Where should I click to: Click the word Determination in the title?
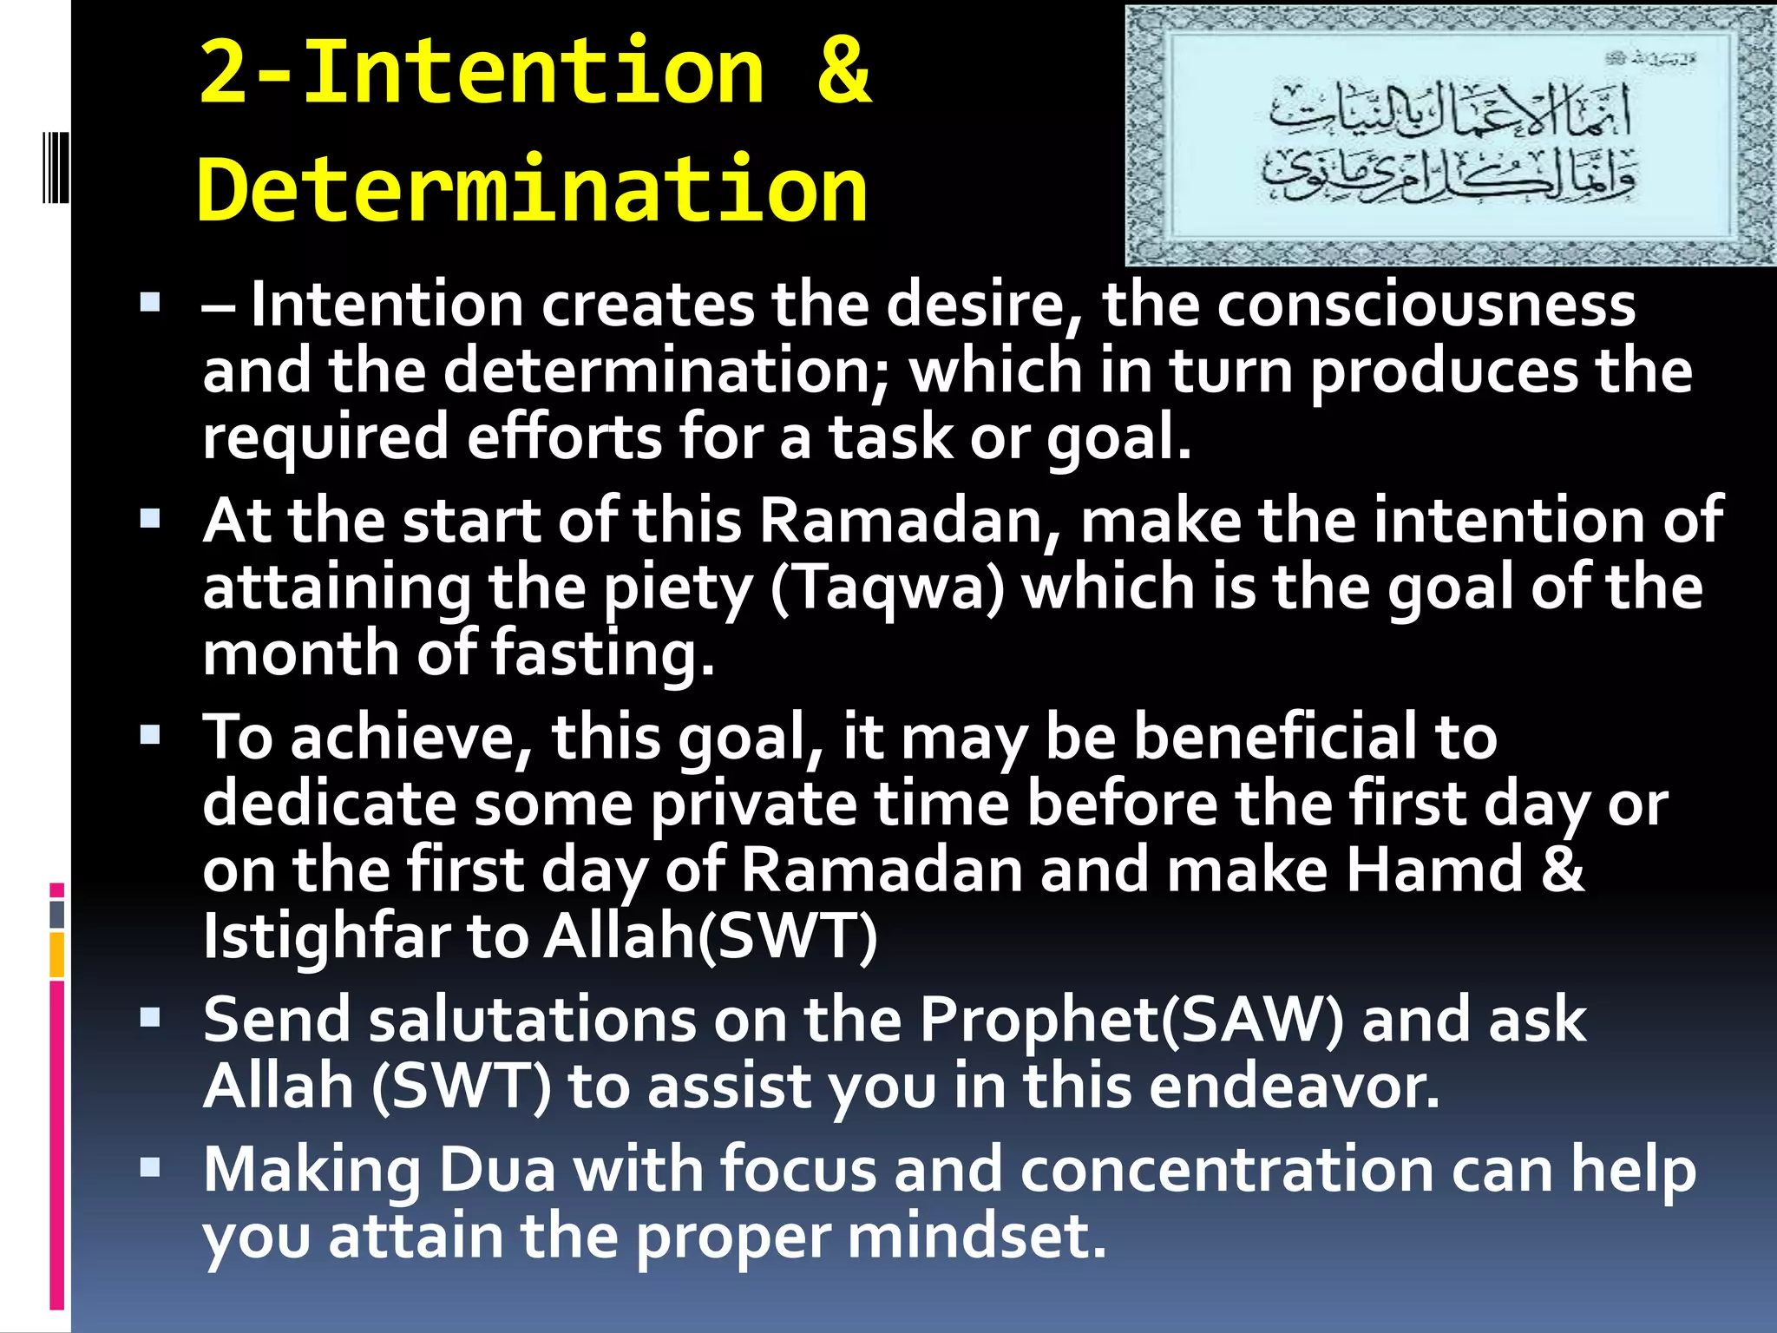532,189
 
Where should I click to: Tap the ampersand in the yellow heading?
843,71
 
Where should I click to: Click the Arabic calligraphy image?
1450,135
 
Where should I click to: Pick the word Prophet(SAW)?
1131,1020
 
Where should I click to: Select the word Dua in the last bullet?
497,1170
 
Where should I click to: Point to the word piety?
678,589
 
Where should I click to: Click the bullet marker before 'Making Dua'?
150,1167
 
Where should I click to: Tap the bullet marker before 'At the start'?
150,518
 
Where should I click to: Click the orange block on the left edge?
57,954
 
